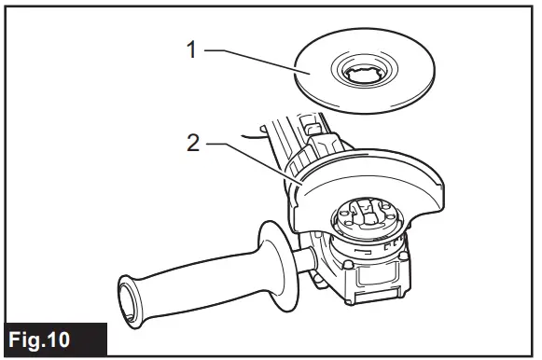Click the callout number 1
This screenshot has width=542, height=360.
pyautogui.click(x=192, y=50)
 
